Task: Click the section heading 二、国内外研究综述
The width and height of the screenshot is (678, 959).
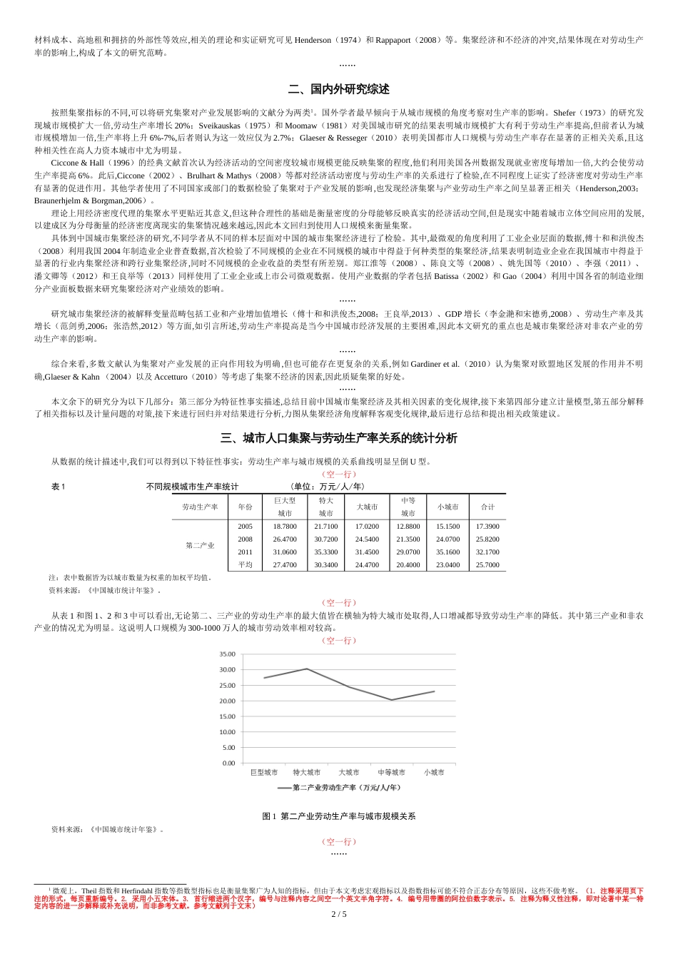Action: point(339,90)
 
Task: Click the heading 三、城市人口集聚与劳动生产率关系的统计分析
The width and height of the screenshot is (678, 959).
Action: point(339,438)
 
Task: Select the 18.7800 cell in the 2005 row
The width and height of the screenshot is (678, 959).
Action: point(285,527)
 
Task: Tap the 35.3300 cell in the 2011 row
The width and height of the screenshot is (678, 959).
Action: point(326,552)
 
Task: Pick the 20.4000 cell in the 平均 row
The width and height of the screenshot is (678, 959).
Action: point(408,565)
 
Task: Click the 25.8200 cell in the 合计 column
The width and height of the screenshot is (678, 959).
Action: point(487,539)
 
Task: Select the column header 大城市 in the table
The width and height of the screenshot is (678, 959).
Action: point(367,507)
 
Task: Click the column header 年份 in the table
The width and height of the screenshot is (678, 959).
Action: point(246,507)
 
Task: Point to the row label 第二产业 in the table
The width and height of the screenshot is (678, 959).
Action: point(200,546)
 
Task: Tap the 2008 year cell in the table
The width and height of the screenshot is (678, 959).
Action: point(246,539)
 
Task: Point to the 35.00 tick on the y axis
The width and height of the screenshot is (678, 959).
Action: point(227,654)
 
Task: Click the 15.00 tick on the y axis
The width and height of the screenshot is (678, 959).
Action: point(227,716)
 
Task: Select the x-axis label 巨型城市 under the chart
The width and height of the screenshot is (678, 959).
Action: point(264,773)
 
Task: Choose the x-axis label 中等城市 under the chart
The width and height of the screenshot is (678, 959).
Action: point(391,773)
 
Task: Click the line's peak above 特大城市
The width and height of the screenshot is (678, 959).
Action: point(307,669)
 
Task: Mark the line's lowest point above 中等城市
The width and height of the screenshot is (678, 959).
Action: point(391,700)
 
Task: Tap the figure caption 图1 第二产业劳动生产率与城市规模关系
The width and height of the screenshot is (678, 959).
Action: point(339,816)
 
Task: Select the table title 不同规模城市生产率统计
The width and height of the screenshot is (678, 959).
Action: point(192,487)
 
